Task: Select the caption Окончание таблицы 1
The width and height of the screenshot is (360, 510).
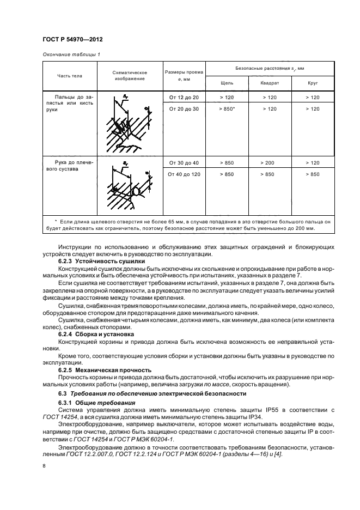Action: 71,54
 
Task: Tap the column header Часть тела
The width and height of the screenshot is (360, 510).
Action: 68,75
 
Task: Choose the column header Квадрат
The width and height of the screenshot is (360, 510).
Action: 271,84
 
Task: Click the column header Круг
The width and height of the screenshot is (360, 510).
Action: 313,84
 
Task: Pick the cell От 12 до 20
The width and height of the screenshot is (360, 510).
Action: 184,97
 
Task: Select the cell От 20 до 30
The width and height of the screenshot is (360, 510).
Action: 184,109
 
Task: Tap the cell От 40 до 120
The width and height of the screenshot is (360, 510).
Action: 184,174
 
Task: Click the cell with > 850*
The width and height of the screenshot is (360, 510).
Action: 227,109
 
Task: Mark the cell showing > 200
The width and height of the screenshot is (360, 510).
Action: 271,162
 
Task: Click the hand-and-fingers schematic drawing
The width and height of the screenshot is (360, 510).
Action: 130,124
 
